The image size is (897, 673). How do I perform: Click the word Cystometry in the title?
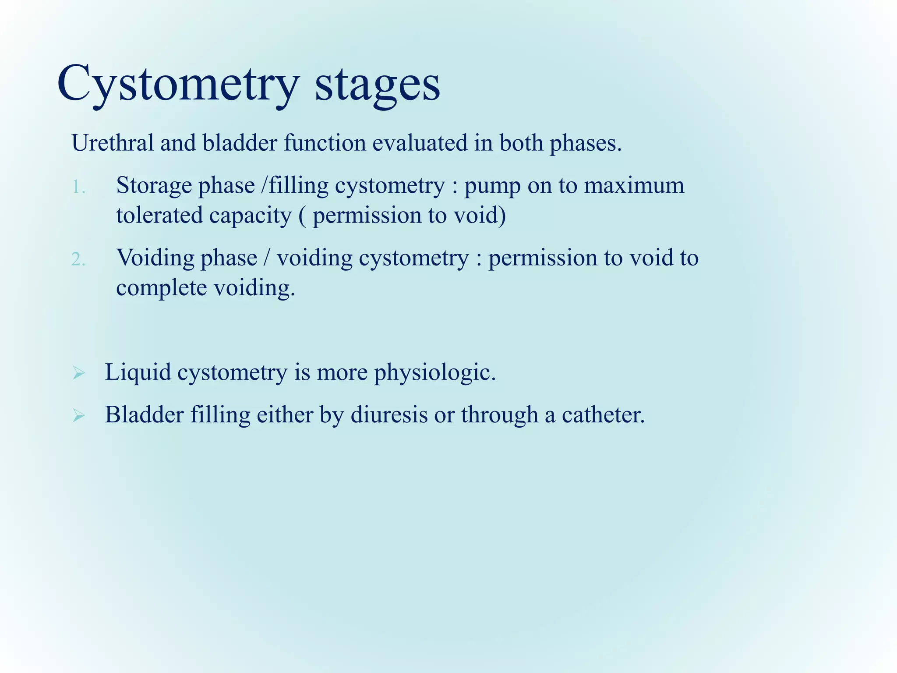click(177, 83)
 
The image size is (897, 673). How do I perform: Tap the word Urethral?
click(113, 143)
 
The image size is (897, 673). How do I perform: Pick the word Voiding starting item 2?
click(155, 258)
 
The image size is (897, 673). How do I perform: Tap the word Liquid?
click(138, 373)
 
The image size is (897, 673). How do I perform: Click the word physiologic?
click(434, 373)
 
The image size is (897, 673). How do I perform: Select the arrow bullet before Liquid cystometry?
click(79, 374)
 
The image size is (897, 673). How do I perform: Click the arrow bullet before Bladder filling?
click(79, 415)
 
